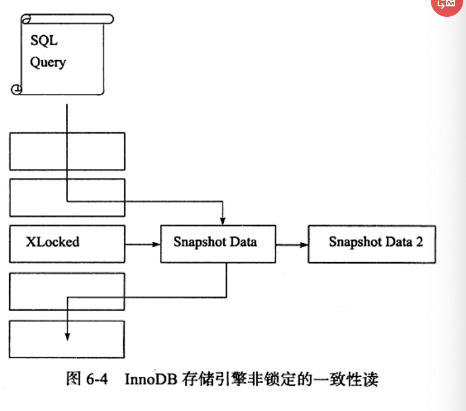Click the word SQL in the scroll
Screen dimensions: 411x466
click(x=44, y=42)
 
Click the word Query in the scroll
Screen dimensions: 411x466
click(x=48, y=62)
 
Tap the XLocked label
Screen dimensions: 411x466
click(x=53, y=241)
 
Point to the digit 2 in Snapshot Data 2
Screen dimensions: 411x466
click(x=419, y=242)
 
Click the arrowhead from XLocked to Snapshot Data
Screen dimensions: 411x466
click(x=156, y=244)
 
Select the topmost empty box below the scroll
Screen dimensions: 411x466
click(x=67, y=151)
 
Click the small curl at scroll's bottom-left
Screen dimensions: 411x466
click(x=16, y=89)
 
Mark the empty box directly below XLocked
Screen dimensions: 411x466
click(x=67, y=291)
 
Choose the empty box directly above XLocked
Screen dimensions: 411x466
click(x=67, y=197)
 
